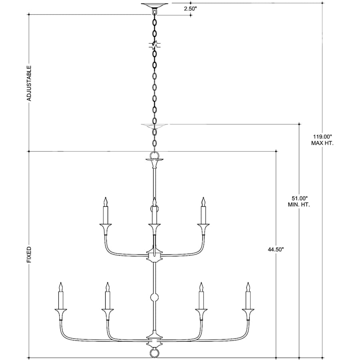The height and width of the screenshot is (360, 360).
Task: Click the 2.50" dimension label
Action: tap(190, 9)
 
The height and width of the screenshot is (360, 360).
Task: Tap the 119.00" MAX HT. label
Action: tap(322, 140)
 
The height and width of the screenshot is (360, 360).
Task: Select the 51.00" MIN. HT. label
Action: tap(299, 201)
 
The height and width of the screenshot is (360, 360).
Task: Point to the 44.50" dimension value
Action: tap(276, 250)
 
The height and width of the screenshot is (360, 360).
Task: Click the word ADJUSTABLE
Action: tap(29, 83)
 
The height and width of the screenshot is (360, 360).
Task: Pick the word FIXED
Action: tap(29, 255)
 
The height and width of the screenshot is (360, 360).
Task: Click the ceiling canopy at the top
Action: tap(154, 5)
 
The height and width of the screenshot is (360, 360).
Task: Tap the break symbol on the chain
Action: tap(154, 45)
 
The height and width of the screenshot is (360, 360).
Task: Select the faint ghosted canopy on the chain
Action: tap(154, 126)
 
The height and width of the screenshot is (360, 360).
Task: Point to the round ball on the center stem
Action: tap(154, 298)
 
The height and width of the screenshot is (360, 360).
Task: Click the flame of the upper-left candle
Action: tap(106, 202)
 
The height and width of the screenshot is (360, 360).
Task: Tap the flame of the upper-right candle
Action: tap(203, 202)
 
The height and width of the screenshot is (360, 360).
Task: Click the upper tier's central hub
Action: tap(154, 255)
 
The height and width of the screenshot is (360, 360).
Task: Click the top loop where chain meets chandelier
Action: tap(154, 154)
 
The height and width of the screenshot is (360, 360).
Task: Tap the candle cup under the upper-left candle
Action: tap(106, 229)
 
